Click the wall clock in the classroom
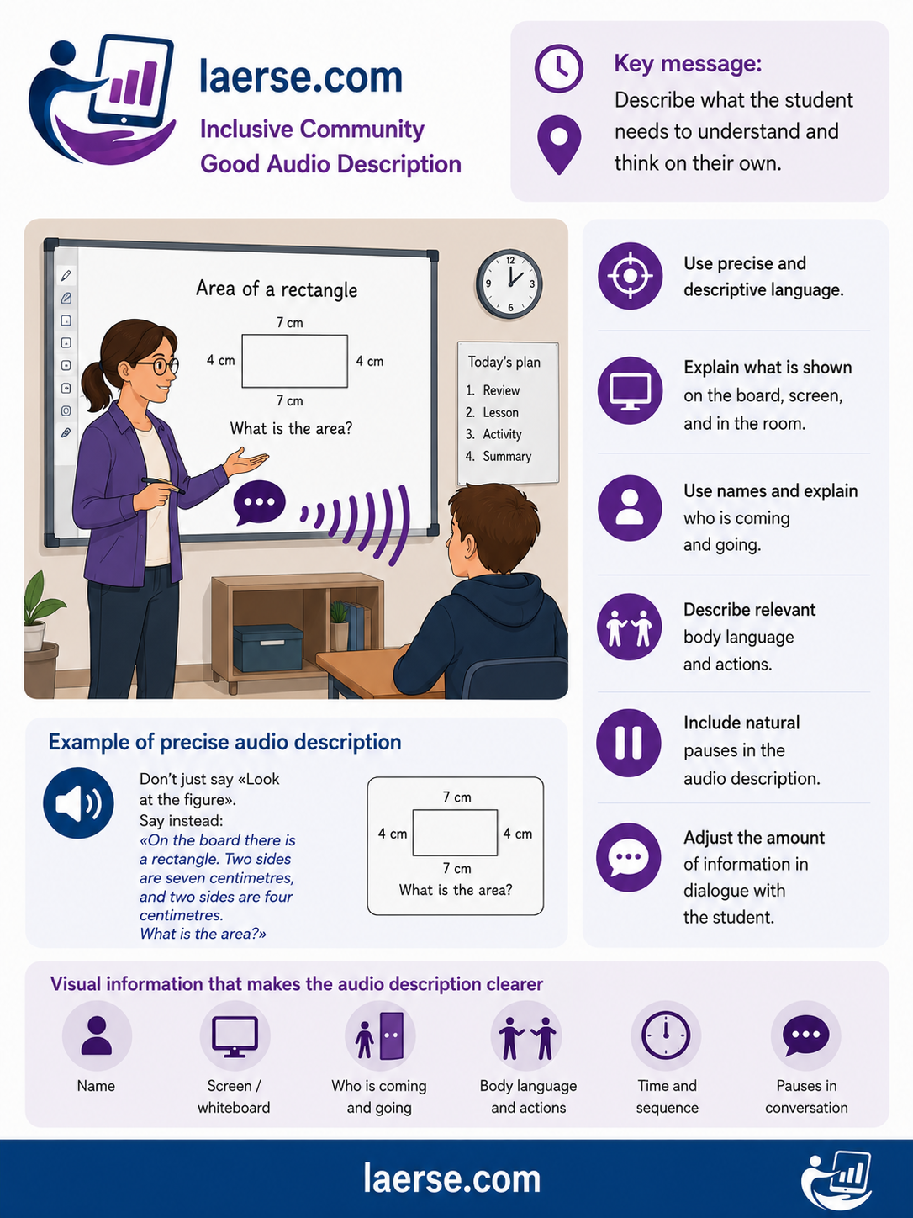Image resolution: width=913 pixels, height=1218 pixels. (x=509, y=284)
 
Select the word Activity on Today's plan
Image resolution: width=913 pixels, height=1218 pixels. (x=502, y=434)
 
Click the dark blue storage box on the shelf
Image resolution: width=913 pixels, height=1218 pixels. (x=267, y=648)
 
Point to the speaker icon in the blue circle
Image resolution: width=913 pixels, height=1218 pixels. (x=79, y=803)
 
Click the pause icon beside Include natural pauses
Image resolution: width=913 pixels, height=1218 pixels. (x=629, y=743)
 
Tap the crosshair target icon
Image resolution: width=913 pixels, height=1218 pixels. (x=630, y=276)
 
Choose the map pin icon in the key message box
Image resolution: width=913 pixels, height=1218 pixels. (x=559, y=145)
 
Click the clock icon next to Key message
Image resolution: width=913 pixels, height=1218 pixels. (x=559, y=69)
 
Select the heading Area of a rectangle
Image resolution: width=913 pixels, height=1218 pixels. (x=277, y=289)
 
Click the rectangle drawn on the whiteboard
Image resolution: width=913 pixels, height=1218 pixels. (x=294, y=361)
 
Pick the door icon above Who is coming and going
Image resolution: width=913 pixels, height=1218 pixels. (x=392, y=1035)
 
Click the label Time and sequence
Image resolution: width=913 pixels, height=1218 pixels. (x=667, y=1097)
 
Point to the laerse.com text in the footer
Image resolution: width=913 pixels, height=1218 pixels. (x=451, y=1179)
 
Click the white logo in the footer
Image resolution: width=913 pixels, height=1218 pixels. (x=836, y=1180)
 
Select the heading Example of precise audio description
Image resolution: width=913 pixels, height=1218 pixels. (x=224, y=743)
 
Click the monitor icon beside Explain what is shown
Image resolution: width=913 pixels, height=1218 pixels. (x=630, y=391)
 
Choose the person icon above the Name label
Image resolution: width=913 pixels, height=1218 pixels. (x=97, y=1035)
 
